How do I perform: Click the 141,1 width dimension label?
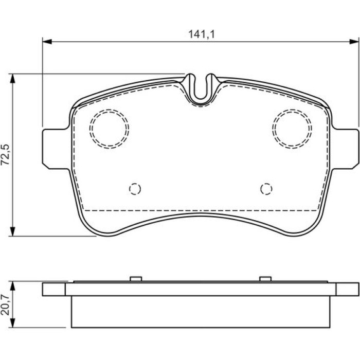coord(202,34)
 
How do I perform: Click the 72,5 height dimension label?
coord(5,155)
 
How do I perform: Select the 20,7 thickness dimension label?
coord(5,304)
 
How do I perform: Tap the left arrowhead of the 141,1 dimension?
coord(47,42)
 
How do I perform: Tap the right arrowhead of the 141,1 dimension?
coord(354,42)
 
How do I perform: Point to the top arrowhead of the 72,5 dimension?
coord(13,79)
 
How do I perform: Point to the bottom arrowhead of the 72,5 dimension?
coord(13,231)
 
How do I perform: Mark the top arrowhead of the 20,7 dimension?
coord(13,286)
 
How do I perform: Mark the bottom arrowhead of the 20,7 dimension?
coord(13,323)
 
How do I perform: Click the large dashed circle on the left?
coord(90,129)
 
